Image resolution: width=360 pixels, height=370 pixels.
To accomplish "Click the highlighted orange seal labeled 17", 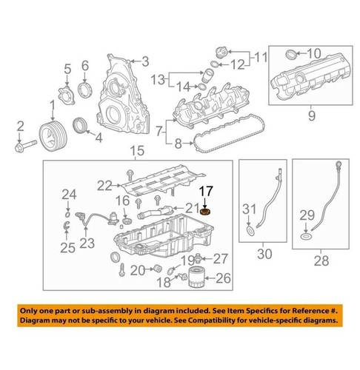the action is click(x=205, y=212).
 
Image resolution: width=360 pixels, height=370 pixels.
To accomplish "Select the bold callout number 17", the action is click(x=206, y=192).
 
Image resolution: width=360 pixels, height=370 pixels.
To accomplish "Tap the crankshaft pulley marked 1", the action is click(x=53, y=135).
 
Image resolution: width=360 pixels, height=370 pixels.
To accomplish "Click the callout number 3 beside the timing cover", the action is click(x=145, y=61).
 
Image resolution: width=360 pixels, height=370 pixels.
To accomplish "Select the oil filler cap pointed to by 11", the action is click(x=221, y=53).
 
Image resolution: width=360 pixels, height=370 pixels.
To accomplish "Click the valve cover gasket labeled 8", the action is click(x=228, y=132).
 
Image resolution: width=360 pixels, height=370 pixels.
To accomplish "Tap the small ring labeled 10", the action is click(x=290, y=54).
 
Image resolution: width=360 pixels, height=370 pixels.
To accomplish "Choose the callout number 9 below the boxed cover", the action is click(x=312, y=115).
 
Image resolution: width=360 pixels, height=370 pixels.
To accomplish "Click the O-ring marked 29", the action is click(x=306, y=237).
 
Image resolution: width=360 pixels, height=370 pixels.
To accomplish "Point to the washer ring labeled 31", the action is click(x=250, y=231).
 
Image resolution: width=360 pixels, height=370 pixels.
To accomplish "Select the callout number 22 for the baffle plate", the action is click(x=104, y=186).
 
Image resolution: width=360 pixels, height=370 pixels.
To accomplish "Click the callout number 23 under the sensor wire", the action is click(x=87, y=243).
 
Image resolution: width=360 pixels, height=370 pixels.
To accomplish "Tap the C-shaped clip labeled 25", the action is click(x=67, y=225).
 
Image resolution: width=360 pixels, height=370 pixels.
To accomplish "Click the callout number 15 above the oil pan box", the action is click(x=137, y=151).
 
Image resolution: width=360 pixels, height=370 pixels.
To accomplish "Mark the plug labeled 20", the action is click(x=157, y=269).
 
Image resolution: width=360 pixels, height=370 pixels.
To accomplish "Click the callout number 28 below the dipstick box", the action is click(x=321, y=260).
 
